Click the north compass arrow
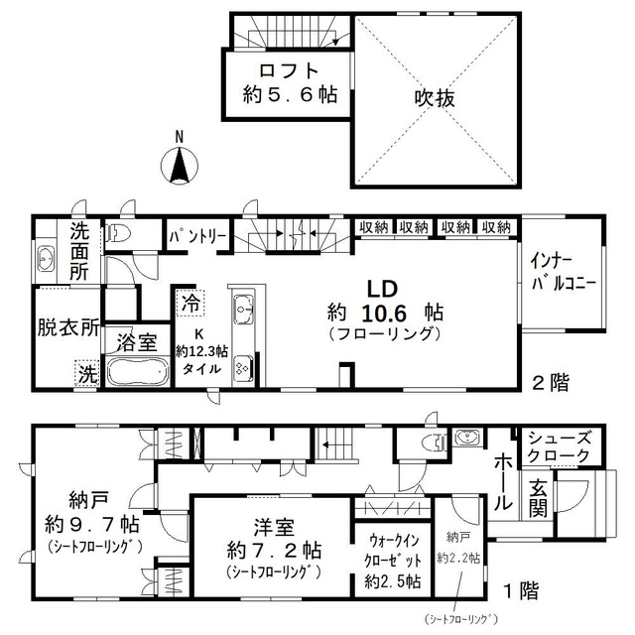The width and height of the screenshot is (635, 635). [x=179, y=166]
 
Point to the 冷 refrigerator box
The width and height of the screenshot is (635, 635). [x=187, y=299]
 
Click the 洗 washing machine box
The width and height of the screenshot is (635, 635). [x=87, y=374]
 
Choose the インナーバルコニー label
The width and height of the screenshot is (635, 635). [x=562, y=271]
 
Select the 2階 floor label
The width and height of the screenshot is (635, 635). [x=550, y=382]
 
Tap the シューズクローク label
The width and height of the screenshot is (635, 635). [x=560, y=446]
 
